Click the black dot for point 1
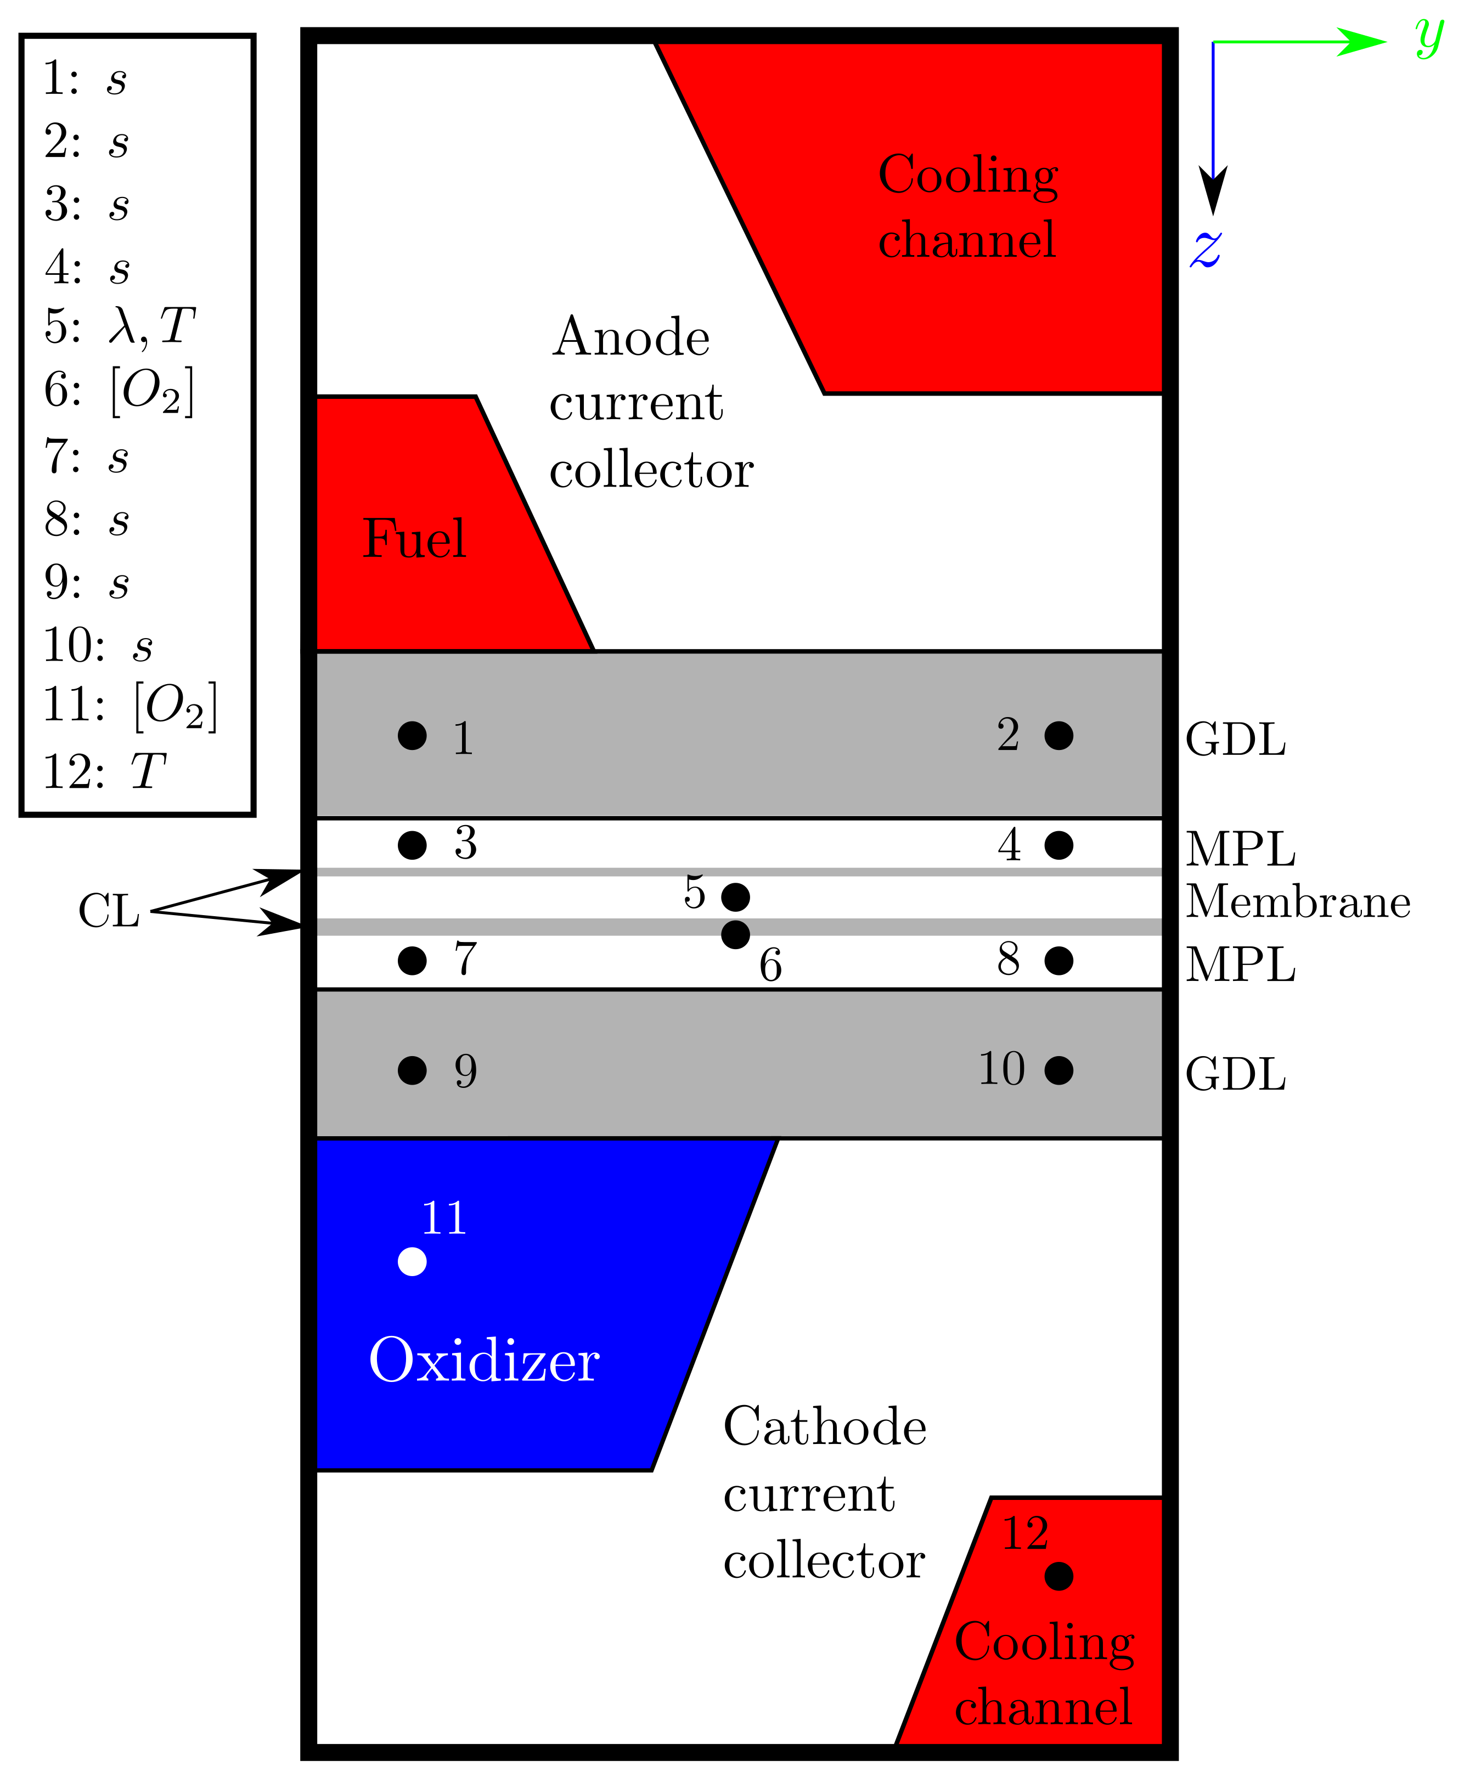click(412, 735)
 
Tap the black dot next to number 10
click(1058, 1070)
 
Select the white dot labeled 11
click(412, 1262)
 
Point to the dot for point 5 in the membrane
click(735, 897)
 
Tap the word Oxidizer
click(484, 1359)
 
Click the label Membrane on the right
click(1298, 902)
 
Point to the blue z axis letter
click(1206, 248)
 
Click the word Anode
click(631, 337)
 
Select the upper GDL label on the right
click(1236, 740)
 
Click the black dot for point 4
click(1058, 845)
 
